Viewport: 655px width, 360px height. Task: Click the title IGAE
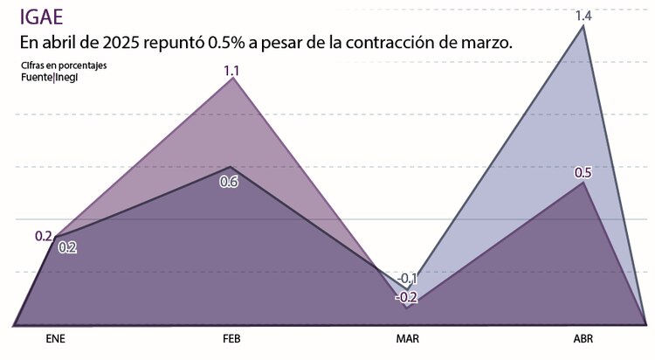click(43, 17)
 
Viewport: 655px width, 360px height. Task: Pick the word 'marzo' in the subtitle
click(486, 44)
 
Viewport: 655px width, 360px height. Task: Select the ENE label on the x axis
click(54, 339)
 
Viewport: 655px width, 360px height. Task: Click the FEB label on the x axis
click(231, 339)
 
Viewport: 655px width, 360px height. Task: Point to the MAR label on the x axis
click(408, 339)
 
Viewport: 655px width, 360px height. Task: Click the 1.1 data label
click(232, 71)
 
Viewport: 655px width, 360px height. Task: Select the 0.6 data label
click(229, 182)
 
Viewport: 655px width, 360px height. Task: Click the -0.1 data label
click(407, 280)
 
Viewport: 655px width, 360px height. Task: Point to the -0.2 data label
click(406, 297)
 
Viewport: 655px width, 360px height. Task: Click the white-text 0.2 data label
click(67, 247)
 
